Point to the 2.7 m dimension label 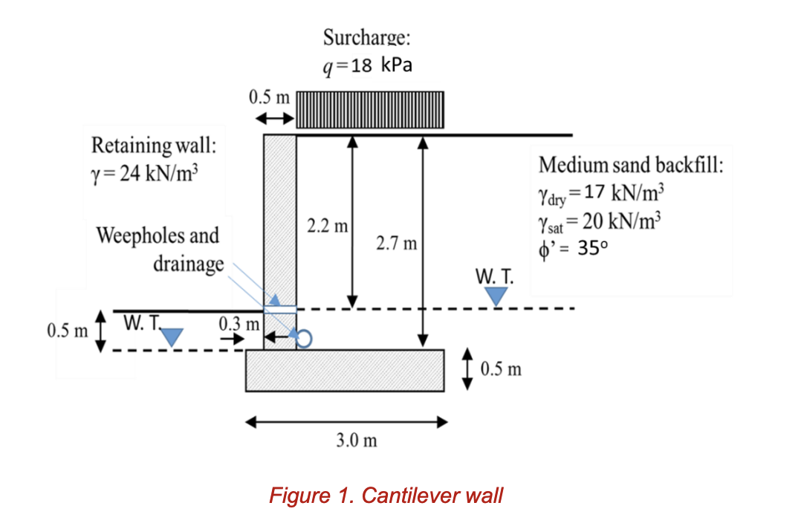pos(398,243)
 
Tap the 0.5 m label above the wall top pos(270,97)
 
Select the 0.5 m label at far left pos(66,330)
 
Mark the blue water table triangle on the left pos(172,337)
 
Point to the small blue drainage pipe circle pos(305,338)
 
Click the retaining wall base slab pos(346,369)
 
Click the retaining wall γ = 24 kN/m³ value pos(145,175)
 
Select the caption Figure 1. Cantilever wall pos(386,495)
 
